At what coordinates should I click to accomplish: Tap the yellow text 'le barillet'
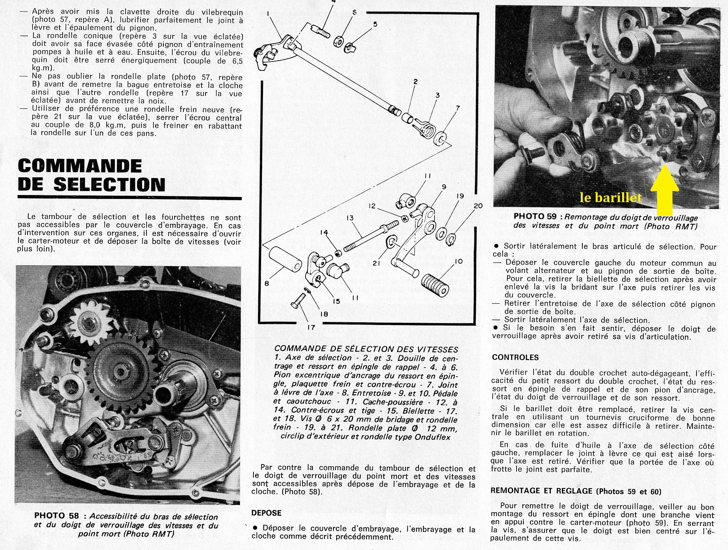tap(610, 198)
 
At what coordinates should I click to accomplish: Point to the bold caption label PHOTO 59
tap(535, 217)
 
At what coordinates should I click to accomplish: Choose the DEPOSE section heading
tap(266, 513)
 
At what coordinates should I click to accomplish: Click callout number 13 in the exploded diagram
tap(350, 218)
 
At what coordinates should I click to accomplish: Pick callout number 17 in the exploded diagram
tap(311, 327)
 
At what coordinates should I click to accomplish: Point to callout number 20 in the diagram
tap(478, 206)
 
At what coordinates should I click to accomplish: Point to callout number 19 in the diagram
tap(460, 196)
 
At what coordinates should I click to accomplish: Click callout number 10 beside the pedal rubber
tap(458, 261)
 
